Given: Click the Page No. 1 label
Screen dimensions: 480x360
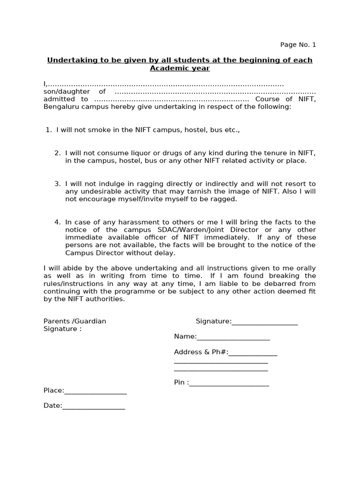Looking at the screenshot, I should (x=298, y=45).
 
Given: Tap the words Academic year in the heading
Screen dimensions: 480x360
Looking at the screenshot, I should (x=180, y=68).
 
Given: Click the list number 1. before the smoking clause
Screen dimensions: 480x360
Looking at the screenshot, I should (x=49, y=130).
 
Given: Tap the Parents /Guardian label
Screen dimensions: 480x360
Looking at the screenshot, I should (x=75, y=321).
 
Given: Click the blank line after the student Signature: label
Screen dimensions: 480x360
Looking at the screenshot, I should (x=265, y=322).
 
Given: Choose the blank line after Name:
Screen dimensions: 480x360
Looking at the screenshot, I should (x=233, y=337).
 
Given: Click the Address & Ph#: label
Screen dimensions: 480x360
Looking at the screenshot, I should (x=201, y=352).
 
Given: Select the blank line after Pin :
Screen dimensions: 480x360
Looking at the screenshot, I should (x=229, y=383).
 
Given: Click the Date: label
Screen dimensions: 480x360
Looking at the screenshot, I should (x=52, y=406).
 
